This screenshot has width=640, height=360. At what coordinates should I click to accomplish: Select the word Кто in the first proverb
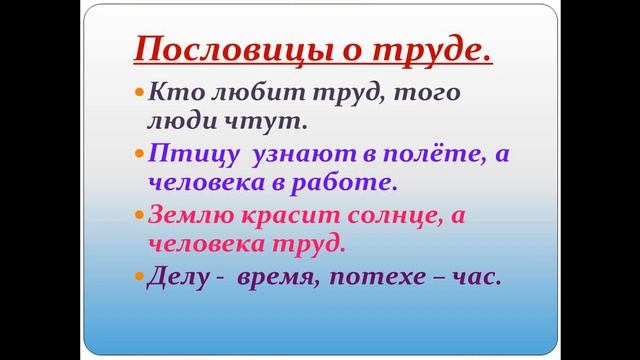click(x=171, y=93)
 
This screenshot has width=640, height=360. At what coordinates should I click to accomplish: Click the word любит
click(x=234, y=93)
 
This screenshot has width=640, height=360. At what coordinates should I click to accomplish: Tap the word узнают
click(x=289, y=155)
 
